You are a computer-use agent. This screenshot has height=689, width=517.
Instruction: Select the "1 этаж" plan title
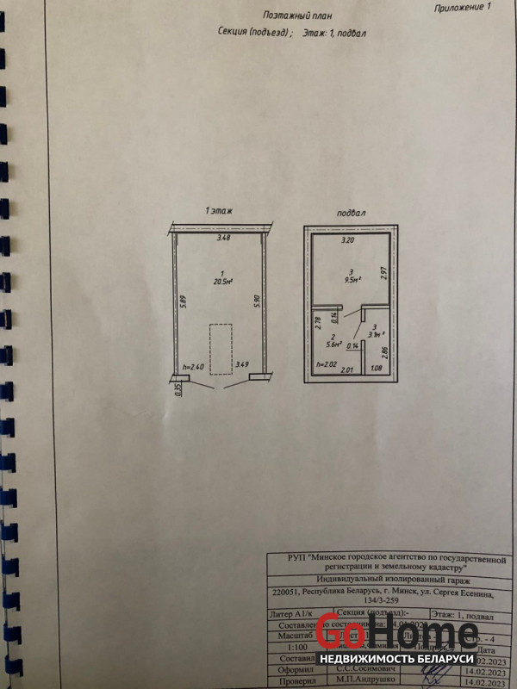click(x=219, y=211)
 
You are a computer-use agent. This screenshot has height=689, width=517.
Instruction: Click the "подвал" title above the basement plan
click(x=353, y=212)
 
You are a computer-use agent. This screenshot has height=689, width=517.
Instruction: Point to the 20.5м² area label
click(x=222, y=281)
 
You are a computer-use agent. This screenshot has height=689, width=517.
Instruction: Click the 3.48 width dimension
click(x=224, y=238)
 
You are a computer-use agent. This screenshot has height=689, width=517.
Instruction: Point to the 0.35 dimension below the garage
click(x=178, y=388)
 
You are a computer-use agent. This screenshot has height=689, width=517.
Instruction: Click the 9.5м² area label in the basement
click(x=352, y=280)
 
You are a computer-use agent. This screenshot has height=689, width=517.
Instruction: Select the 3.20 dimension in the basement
click(x=347, y=241)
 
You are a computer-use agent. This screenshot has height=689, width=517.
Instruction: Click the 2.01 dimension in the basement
click(x=348, y=370)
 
